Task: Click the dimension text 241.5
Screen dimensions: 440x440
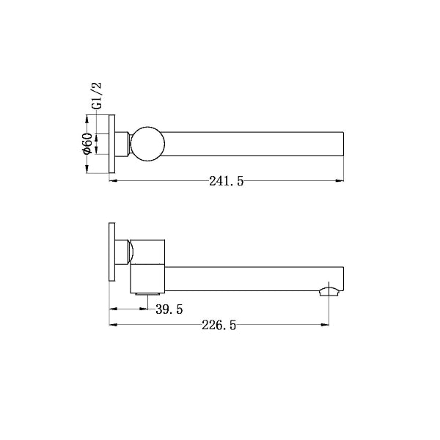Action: tap(226, 182)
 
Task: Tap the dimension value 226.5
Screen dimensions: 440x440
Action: tap(218, 326)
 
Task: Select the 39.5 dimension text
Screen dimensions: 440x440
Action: tap(169, 310)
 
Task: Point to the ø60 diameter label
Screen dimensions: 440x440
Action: tap(87, 143)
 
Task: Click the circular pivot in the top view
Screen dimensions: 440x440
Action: tap(146, 144)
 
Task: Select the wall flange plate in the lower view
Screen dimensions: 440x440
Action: tap(112, 251)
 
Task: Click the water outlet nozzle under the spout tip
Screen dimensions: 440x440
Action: tap(329, 292)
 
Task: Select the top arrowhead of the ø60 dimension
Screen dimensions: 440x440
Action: tap(87, 117)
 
